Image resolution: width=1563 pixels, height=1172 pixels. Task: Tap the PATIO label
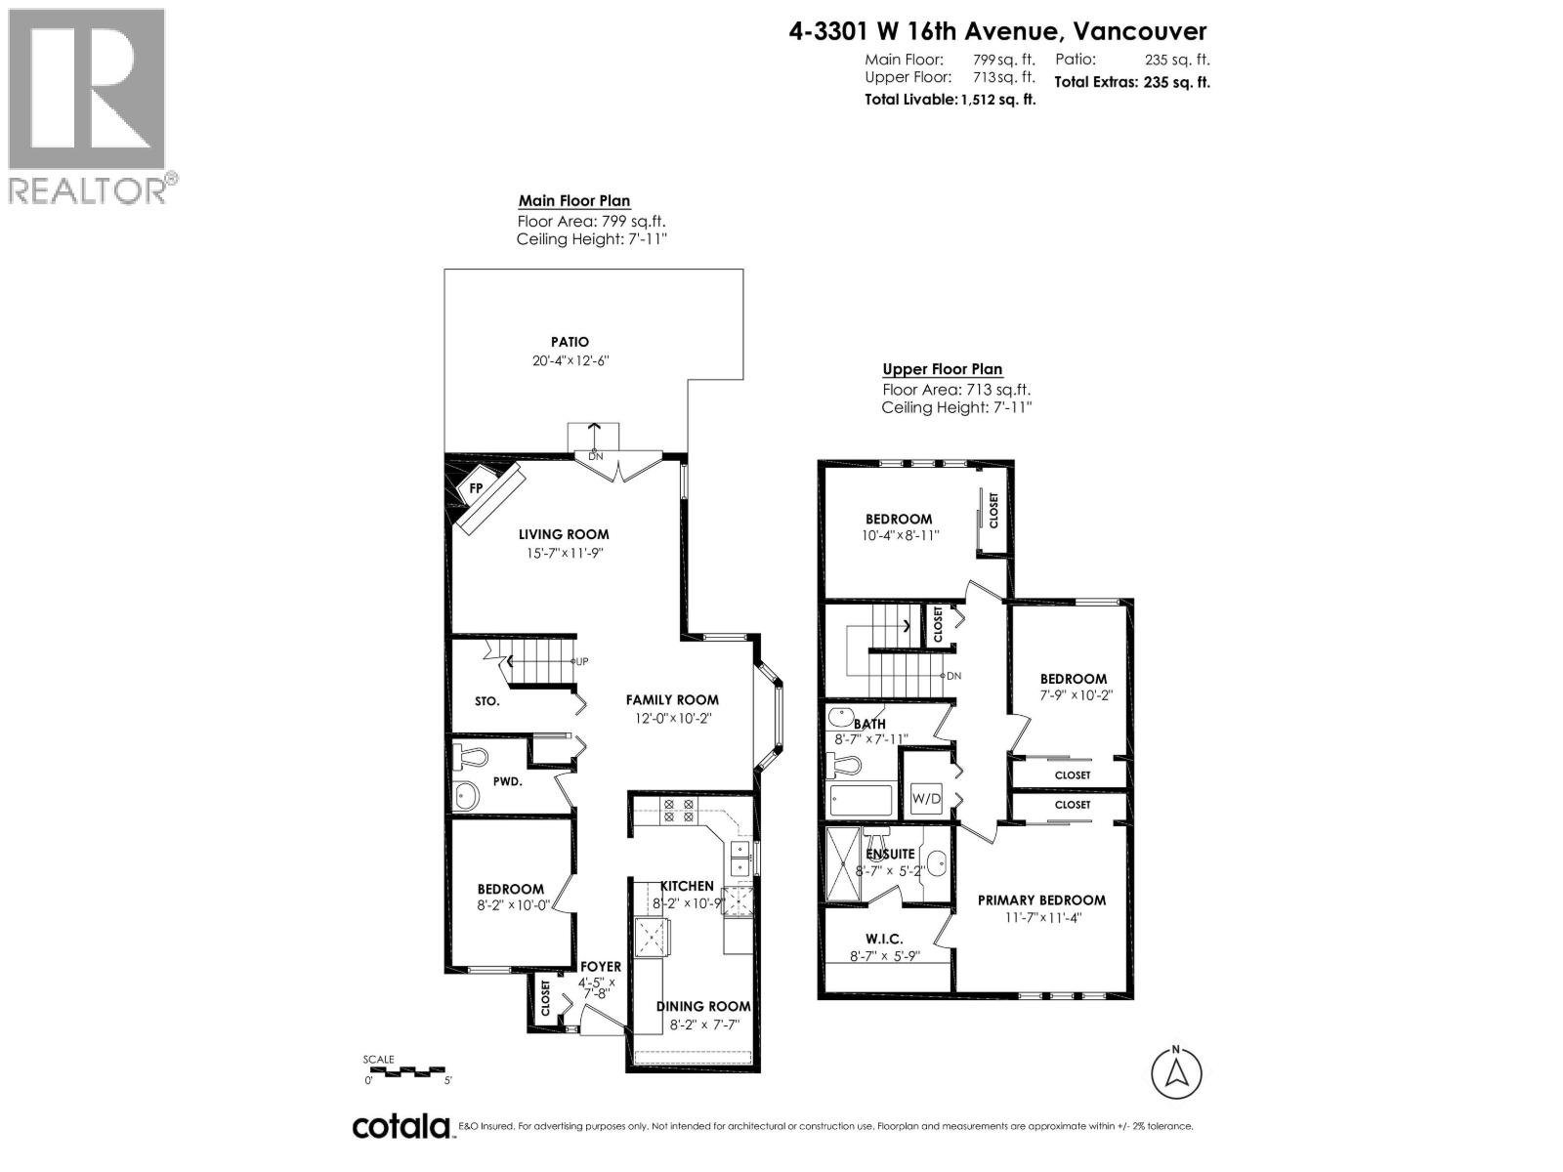tap(570, 342)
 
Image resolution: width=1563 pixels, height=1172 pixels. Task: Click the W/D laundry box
tap(926, 799)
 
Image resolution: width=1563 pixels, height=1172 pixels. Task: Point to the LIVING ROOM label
tap(564, 534)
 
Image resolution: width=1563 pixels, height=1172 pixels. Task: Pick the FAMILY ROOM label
tap(672, 699)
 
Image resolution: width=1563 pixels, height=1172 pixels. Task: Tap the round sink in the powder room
tap(467, 796)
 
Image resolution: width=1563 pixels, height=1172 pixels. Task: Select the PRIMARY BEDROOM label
tap(1041, 900)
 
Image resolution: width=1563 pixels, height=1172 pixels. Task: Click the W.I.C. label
tap(884, 939)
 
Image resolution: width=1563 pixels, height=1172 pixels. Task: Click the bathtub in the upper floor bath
tap(861, 801)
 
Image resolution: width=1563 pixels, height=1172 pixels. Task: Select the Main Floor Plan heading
tap(574, 201)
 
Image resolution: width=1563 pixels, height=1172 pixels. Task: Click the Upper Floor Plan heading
tap(943, 369)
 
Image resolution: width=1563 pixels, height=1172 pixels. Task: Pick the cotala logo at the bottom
tap(401, 1126)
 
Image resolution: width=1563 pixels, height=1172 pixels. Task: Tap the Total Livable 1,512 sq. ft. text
tap(950, 100)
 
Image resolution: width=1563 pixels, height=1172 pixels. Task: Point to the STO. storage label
tap(487, 701)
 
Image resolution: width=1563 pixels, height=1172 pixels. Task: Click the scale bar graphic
tap(407, 1070)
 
